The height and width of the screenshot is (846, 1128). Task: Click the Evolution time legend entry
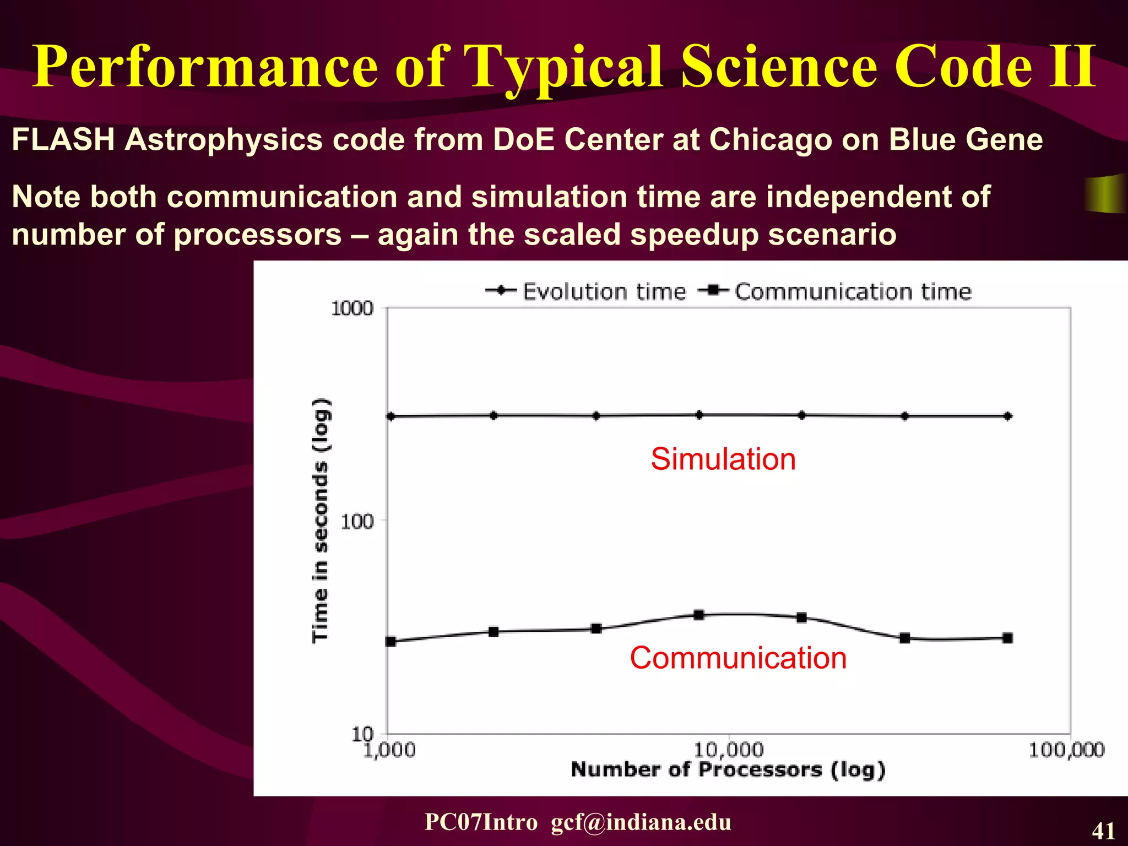(x=586, y=291)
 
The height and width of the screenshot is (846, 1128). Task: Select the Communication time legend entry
(x=835, y=291)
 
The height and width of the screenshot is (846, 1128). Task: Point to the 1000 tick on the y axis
(x=352, y=308)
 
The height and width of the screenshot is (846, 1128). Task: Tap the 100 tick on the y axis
(x=356, y=521)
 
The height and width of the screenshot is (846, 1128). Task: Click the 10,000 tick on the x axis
(x=728, y=750)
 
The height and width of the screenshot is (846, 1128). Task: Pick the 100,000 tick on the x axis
(x=1066, y=750)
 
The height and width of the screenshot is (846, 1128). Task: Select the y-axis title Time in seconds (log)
(x=321, y=520)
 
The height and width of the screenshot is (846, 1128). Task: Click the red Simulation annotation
(x=723, y=459)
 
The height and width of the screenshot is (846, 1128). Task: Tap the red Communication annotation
(x=738, y=658)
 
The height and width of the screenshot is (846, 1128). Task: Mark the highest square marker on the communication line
(x=699, y=615)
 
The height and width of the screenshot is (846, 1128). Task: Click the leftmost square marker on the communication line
(x=391, y=641)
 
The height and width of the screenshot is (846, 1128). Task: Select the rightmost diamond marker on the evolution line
(x=1007, y=416)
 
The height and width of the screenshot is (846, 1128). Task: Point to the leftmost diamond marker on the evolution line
(x=391, y=416)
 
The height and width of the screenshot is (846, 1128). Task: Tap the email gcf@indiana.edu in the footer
(x=641, y=822)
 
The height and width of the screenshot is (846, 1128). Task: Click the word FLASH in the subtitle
(x=63, y=139)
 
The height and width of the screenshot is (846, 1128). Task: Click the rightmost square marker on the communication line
(x=1007, y=638)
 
